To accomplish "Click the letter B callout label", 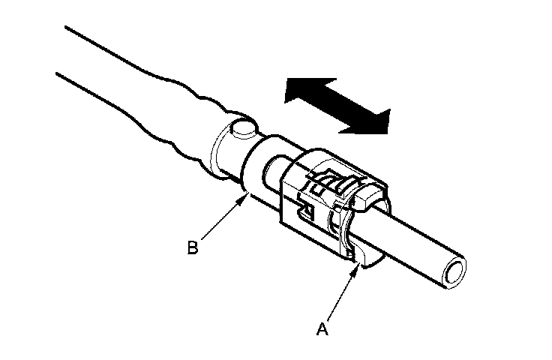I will (193, 247).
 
